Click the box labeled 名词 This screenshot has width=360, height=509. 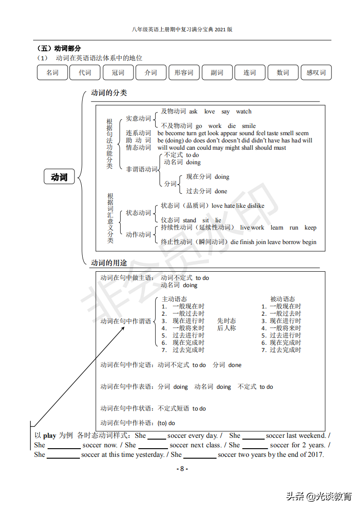[x=52, y=73]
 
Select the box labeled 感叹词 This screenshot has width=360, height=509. [x=316, y=73]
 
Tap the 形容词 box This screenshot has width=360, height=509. [x=184, y=73]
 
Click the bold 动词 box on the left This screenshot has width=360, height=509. [x=59, y=177]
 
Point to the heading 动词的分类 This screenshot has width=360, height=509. [x=109, y=93]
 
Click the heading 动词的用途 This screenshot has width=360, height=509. [x=109, y=263]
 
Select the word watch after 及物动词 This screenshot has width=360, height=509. [x=244, y=112]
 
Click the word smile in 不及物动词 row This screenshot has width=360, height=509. [x=249, y=126]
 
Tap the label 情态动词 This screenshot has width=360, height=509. [x=138, y=147]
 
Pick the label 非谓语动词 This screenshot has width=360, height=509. [x=142, y=169]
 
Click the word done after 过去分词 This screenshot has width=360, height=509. [x=221, y=191]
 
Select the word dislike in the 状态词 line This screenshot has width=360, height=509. [x=256, y=206]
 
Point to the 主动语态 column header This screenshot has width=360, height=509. [x=174, y=299]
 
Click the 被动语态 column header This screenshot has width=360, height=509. [x=282, y=299]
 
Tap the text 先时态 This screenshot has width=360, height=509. [x=227, y=321]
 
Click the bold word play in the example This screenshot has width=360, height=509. [x=49, y=436]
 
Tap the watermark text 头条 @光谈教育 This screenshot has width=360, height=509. [x=319, y=496]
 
